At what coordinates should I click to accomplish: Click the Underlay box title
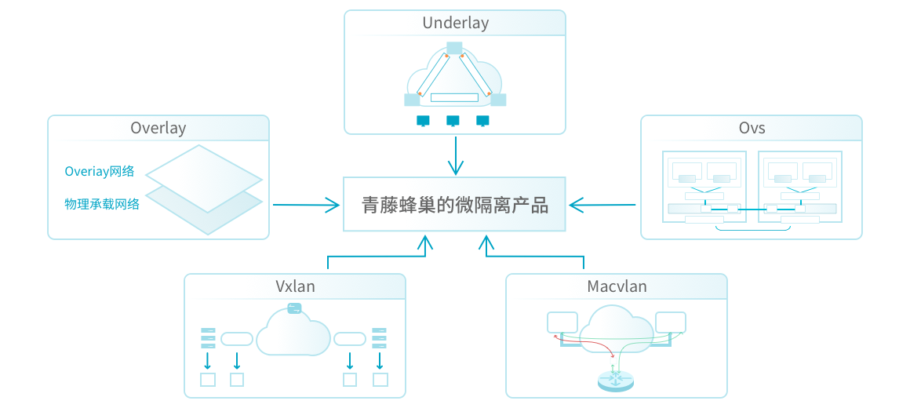455,23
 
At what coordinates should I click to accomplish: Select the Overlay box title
158,128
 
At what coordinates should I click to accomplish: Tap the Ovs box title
751,128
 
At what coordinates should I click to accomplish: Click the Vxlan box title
295,286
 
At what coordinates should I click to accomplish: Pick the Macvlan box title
617,286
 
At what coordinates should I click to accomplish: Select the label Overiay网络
100,172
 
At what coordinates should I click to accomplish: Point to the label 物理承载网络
102,204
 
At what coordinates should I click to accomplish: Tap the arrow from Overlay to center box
306,206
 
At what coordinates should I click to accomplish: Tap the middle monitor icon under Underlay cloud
453,121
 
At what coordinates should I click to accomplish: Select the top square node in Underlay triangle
454,47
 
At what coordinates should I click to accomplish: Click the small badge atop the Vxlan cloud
294,308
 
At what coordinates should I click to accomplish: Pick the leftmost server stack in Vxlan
208,337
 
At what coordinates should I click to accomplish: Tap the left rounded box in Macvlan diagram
562,322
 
